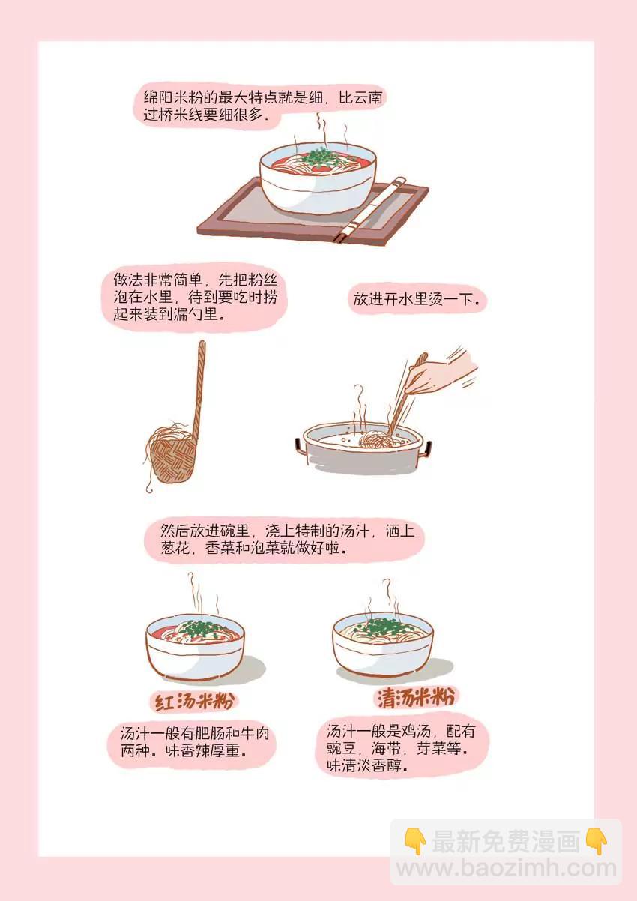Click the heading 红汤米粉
tap(194, 702)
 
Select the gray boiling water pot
tap(363, 448)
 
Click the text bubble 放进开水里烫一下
tap(416, 299)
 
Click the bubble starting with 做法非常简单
tap(195, 298)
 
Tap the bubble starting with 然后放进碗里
tap(284, 540)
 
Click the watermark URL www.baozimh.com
tap(506, 868)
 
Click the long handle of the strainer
tap(199, 390)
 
